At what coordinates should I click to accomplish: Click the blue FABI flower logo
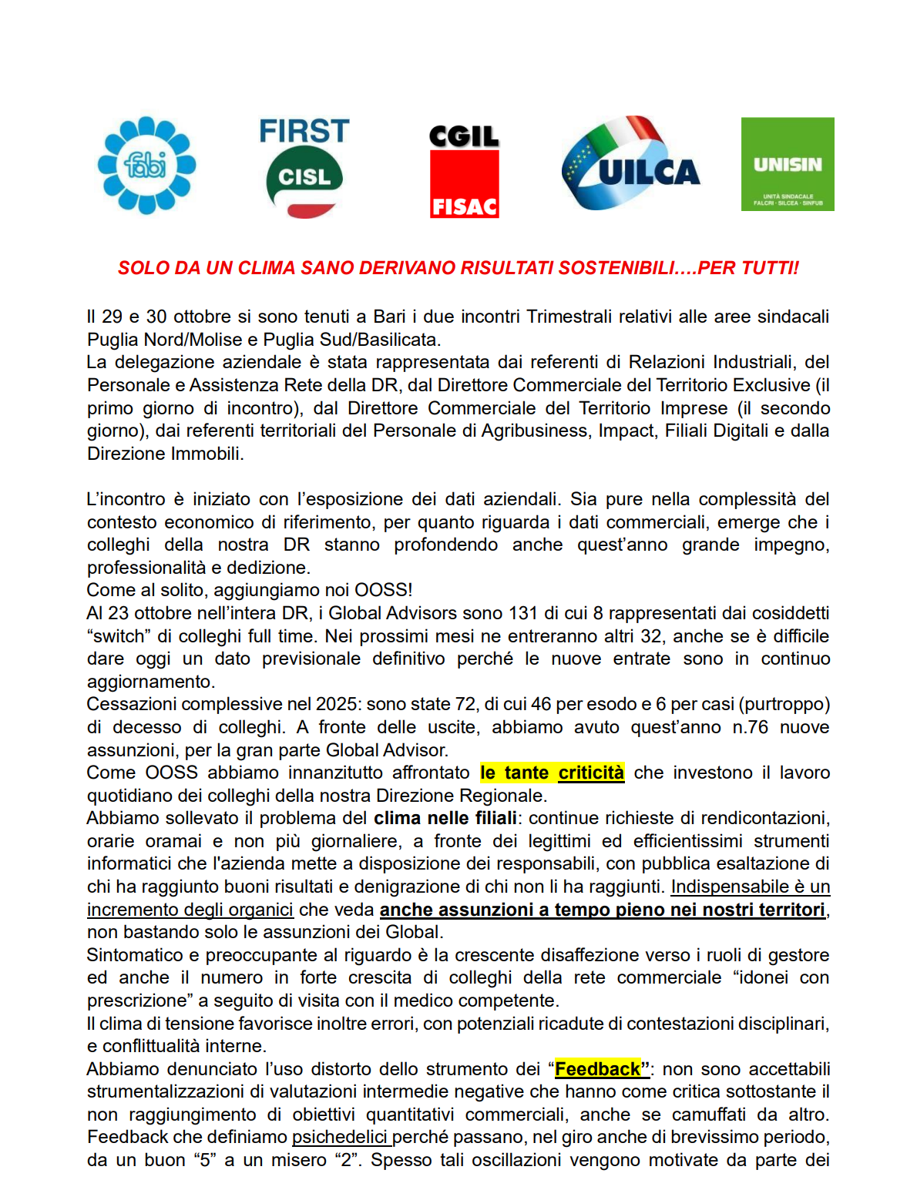[146, 165]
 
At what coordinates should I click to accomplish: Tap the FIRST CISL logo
[304, 167]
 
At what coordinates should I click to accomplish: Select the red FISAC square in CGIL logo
[464, 185]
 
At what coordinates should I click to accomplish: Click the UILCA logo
[631, 164]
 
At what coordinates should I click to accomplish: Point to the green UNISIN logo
[787, 164]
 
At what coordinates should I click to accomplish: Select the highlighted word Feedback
[597, 1069]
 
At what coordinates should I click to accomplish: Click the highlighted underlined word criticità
[591, 773]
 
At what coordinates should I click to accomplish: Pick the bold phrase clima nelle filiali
[445, 818]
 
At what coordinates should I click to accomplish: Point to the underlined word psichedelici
[339, 1137]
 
